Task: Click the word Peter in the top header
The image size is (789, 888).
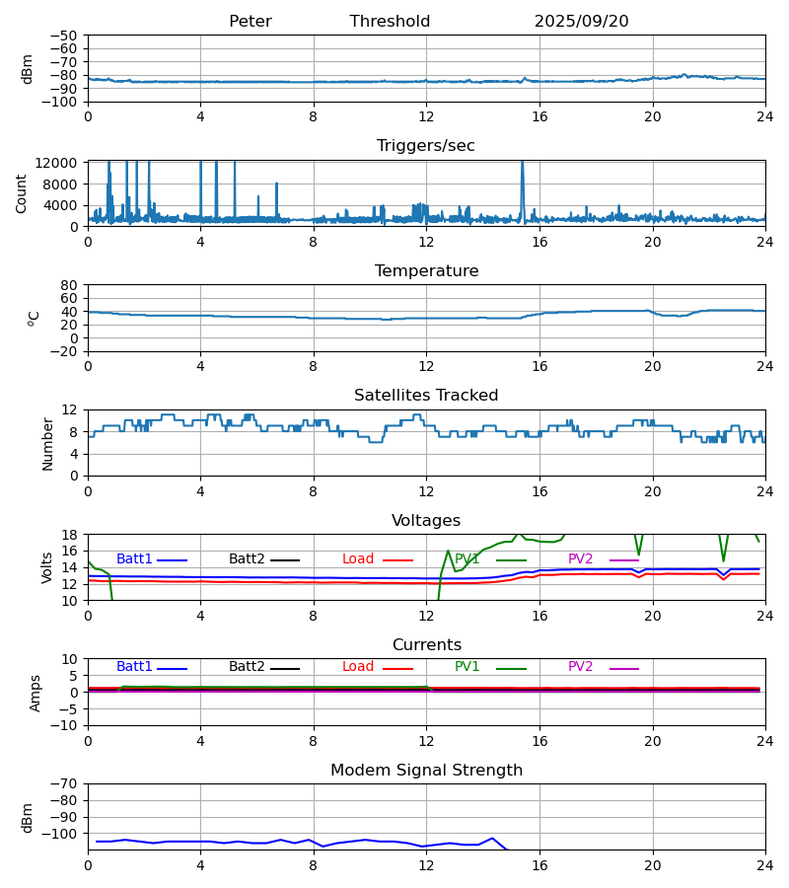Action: point(250,22)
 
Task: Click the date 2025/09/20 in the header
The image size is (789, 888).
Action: point(581,22)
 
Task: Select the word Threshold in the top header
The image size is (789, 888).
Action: point(390,22)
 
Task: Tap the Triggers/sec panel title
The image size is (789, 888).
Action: point(426,146)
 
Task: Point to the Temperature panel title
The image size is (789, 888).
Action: point(426,271)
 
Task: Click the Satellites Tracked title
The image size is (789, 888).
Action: point(426,396)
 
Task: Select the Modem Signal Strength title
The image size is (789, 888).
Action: point(426,771)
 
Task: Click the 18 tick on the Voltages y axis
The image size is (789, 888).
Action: point(72,535)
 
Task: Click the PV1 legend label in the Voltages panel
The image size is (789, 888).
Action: point(466,559)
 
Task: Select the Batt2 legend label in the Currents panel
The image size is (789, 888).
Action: point(247,667)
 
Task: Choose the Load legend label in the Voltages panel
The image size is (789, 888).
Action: point(358,559)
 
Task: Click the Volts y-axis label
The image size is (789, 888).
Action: point(47,567)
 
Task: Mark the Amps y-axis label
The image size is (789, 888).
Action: point(36,693)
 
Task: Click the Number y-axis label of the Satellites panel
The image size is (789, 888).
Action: point(47,443)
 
